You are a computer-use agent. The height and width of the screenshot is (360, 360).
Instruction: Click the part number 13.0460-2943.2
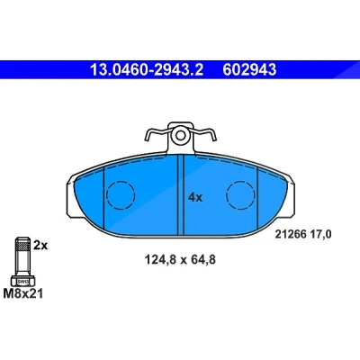coord(147,69)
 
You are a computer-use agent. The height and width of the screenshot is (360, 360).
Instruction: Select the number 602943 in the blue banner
coord(249,69)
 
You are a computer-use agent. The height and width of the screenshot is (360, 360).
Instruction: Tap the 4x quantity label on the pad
coord(195,197)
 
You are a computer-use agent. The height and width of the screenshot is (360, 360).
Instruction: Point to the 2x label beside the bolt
coord(40,246)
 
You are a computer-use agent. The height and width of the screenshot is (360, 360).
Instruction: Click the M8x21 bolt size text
coord(23,293)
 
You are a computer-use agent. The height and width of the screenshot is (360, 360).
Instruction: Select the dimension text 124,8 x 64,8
coord(180,260)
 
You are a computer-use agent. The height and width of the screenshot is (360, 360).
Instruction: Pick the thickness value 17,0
coord(320,234)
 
